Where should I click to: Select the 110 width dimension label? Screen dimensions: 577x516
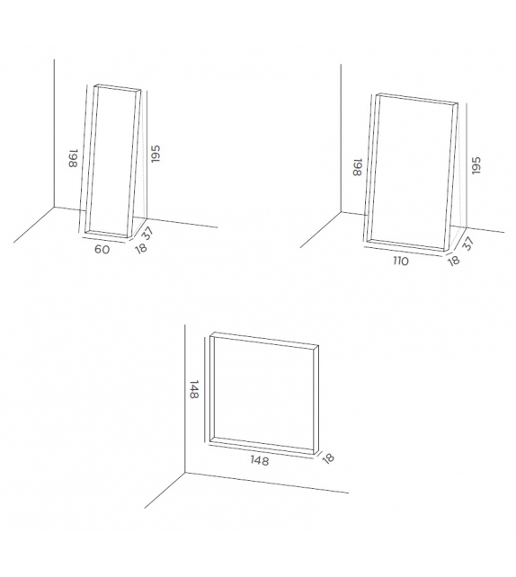399,262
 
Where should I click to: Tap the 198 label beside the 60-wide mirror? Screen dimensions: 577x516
72,160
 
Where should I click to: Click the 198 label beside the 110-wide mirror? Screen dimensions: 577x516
357,167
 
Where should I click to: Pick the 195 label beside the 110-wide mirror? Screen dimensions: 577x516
476,166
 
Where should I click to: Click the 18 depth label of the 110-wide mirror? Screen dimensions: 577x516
452,260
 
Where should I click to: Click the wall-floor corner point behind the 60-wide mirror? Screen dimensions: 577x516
54,207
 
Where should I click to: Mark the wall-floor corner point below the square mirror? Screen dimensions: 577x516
184,473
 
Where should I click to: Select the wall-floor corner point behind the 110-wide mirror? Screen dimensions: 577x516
340,213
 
